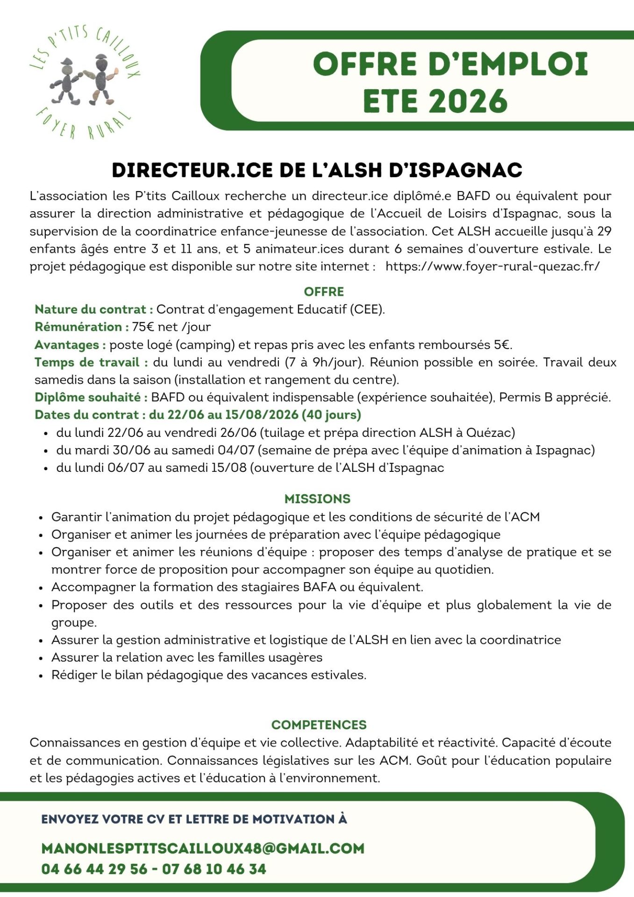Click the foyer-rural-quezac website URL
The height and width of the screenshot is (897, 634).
492,266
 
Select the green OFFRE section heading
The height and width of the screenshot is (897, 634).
324,292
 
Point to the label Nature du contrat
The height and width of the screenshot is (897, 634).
94,309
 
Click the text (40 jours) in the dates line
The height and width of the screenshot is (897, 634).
331,414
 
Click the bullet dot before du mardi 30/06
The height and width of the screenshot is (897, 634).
46,451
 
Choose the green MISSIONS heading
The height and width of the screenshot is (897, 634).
317,499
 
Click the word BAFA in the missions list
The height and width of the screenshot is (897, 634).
320,587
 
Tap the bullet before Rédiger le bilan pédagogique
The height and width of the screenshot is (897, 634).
41,676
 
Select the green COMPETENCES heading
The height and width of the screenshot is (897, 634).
319,725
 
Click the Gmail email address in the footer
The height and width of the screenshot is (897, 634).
203,848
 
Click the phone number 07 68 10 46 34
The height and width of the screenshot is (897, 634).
214,869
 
